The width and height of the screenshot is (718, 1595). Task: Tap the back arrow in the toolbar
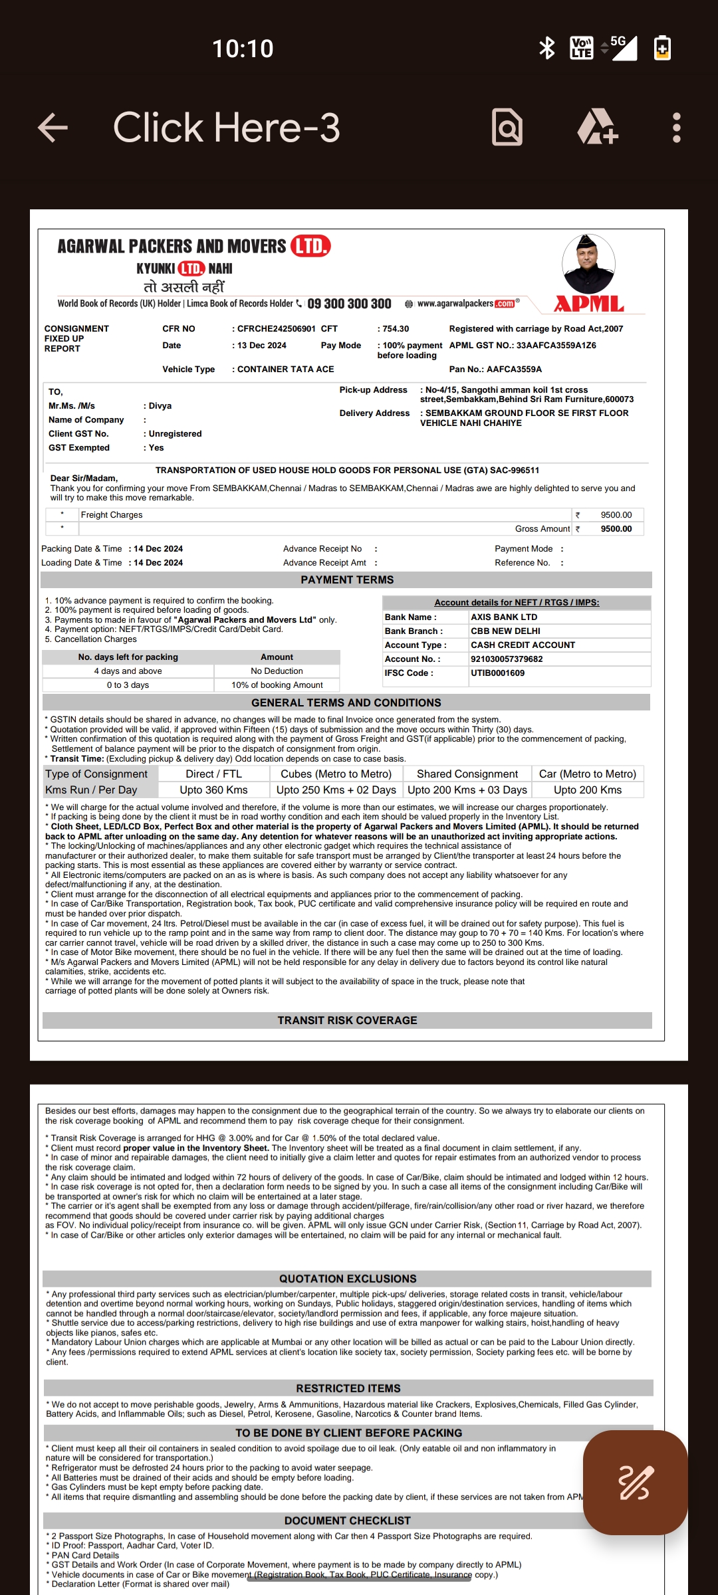pyautogui.click(x=53, y=128)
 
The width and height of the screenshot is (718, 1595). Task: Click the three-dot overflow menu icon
pyautogui.click(x=676, y=128)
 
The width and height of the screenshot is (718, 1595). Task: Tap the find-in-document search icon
pyautogui.click(x=507, y=127)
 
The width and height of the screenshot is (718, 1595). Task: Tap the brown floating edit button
pyautogui.click(x=635, y=1482)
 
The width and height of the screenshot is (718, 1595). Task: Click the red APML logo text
pyautogui.click(x=589, y=304)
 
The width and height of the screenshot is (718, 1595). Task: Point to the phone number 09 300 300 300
pyautogui.click(x=349, y=304)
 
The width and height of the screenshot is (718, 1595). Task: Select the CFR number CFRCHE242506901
pyautogui.click(x=277, y=329)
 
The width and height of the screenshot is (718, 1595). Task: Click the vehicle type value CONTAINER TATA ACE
pyautogui.click(x=286, y=370)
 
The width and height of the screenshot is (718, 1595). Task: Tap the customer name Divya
pyautogui.click(x=160, y=406)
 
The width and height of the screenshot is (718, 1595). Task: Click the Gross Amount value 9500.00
pyautogui.click(x=616, y=529)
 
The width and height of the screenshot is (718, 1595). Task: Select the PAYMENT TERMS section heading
pyautogui.click(x=347, y=580)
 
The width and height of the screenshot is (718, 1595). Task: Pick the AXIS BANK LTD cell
pyautogui.click(x=504, y=617)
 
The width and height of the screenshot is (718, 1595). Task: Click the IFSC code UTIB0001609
pyautogui.click(x=497, y=673)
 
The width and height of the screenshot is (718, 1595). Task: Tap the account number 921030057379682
pyautogui.click(x=507, y=659)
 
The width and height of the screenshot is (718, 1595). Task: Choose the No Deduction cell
pyautogui.click(x=277, y=671)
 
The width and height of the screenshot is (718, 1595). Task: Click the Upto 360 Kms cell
pyautogui.click(x=213, y=790)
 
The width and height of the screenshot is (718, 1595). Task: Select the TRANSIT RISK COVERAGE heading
pyautogui.click(x=347, y=1020)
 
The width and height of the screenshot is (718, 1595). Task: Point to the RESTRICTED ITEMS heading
pyautogui.click(x=348, y=1388)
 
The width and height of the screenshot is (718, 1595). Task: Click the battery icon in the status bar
pyautogui.click(x=662, y=48)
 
